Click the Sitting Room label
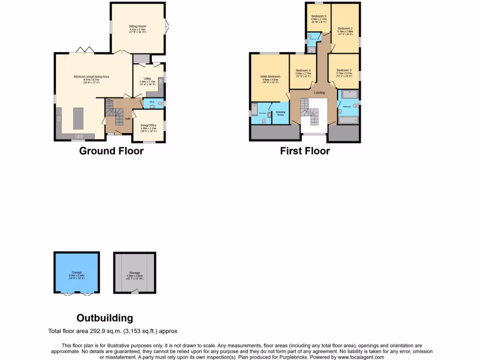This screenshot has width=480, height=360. (137, 27)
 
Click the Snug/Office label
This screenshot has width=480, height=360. (148, 125)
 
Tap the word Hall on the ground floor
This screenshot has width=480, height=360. (127, 119)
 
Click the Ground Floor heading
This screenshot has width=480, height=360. (111, 151)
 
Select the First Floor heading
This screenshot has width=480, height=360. (305, 151)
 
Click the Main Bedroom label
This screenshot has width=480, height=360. (270, 76)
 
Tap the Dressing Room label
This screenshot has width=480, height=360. (280, 112)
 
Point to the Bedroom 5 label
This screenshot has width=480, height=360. (319, 16)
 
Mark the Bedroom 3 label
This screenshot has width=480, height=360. (344, 70)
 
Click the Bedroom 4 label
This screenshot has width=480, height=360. (303, 70)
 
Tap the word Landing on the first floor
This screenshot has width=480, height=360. (319, 93)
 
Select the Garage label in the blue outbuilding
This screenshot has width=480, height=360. (76, 272)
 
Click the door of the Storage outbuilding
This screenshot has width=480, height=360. (135, 292)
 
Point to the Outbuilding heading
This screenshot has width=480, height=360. (105, 318)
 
